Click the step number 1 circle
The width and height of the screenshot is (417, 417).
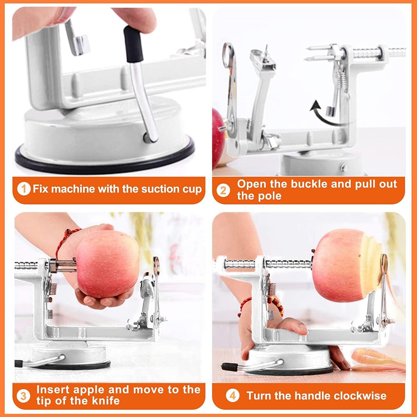pos(24,189)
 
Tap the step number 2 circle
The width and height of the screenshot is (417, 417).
pos(223,190)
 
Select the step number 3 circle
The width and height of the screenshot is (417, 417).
pos(23,396)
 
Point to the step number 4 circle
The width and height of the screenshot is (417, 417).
pos(232,396)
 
